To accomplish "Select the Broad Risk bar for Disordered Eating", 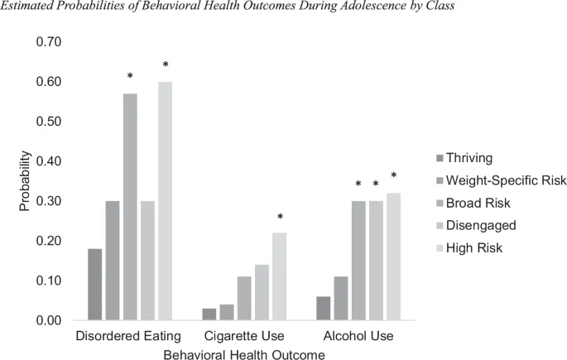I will (130, 207).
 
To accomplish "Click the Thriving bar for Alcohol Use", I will (324, 308).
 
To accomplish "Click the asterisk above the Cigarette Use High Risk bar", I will (280, 218).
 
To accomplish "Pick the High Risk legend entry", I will (475, 247).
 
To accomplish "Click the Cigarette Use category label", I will (243, 337).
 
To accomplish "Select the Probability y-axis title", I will (25, 180).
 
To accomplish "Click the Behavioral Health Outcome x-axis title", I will (243, 353).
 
